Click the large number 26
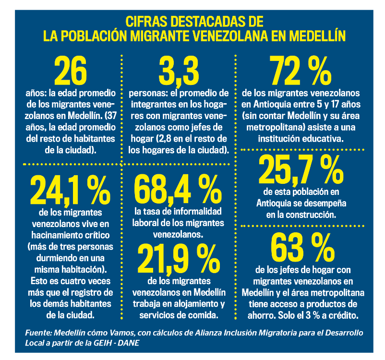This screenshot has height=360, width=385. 71,71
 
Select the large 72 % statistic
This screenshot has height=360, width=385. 301,71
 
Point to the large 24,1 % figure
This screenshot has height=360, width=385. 70,190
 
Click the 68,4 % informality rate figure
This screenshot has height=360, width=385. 178,190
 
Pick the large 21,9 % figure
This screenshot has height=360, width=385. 178,259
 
